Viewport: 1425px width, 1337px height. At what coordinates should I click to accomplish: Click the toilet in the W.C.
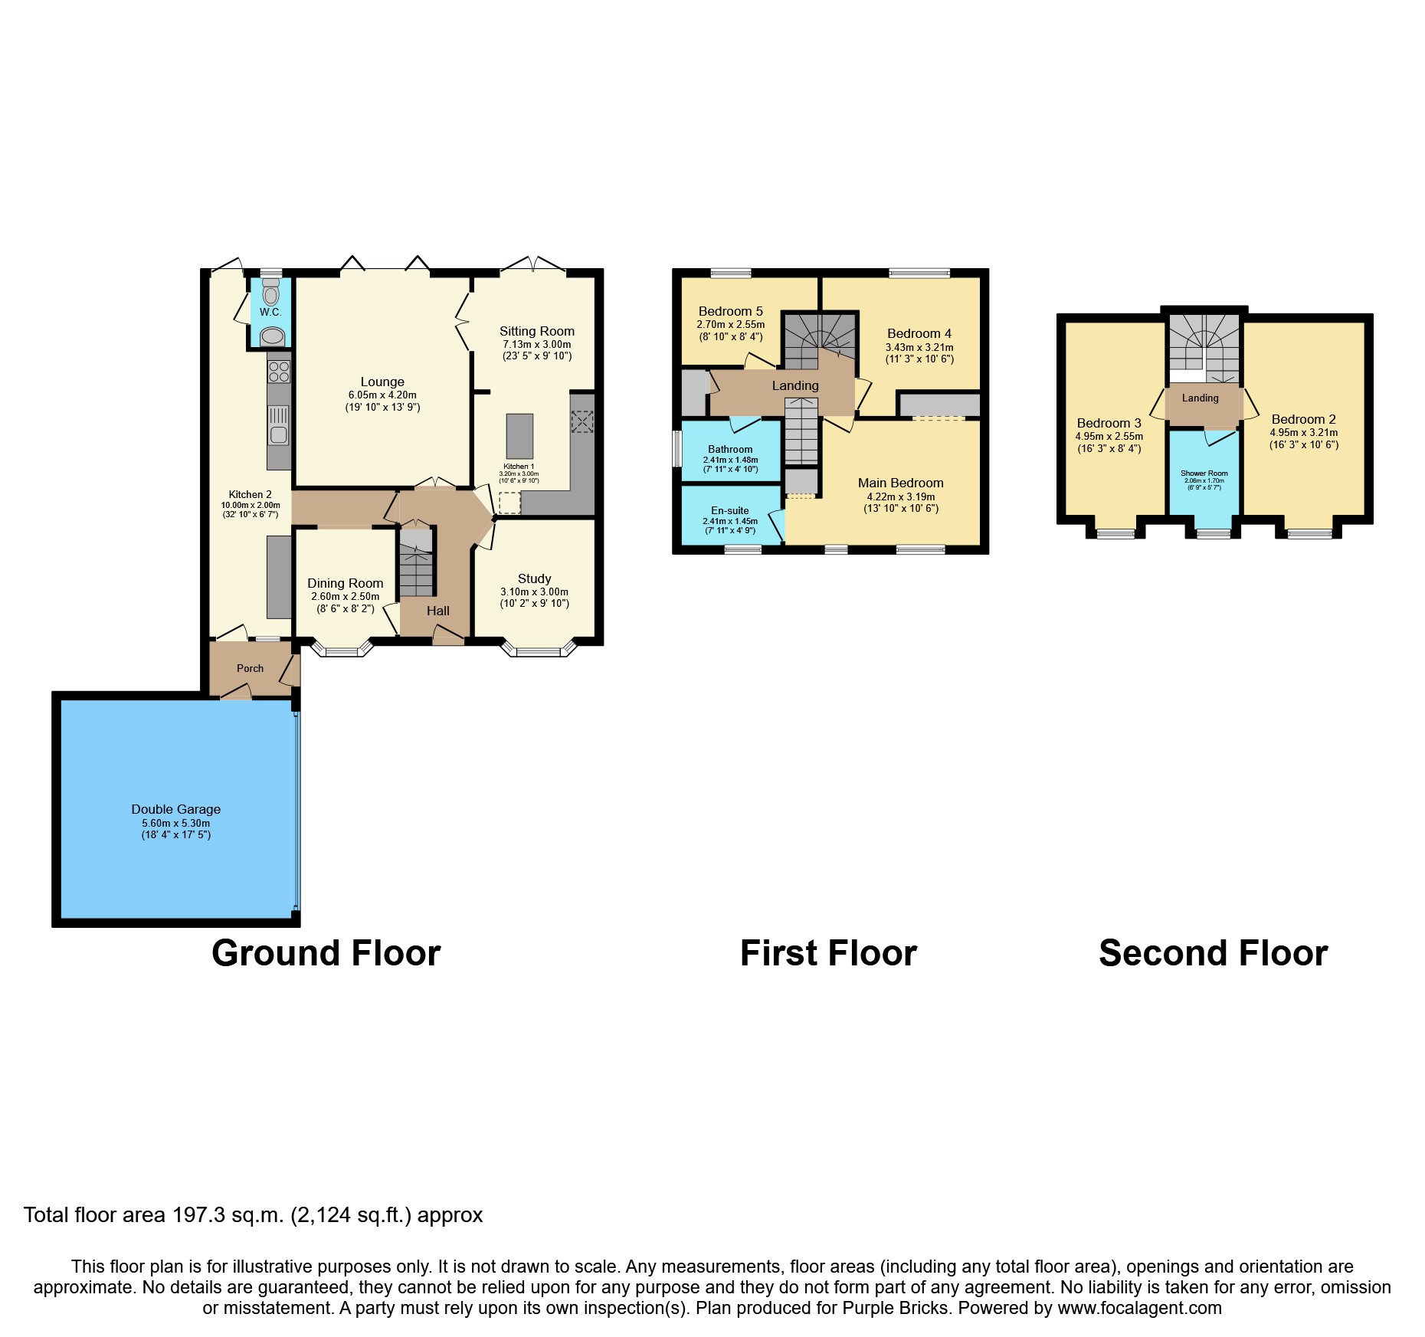270,293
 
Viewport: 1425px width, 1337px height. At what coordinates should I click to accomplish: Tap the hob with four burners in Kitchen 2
279,372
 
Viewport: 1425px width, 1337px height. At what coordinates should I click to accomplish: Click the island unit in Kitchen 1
519,436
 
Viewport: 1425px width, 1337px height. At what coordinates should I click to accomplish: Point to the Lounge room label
382,382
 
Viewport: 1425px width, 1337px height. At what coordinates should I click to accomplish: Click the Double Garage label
175,809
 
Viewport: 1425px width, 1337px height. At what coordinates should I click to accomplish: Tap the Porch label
250,668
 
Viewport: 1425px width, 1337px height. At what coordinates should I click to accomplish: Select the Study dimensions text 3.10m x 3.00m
534,591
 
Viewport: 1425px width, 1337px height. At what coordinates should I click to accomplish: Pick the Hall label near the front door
438,611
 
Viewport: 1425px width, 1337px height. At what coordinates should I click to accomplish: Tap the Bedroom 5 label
730,311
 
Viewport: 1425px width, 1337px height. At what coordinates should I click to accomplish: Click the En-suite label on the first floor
729,510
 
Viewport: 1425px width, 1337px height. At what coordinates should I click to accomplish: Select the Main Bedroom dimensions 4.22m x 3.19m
900,496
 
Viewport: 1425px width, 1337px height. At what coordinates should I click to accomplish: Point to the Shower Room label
1204,474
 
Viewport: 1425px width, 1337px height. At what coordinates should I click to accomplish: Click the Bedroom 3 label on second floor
1109,423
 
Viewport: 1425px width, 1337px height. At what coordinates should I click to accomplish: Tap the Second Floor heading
1213,953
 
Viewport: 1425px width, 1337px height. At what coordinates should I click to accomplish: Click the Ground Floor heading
326,953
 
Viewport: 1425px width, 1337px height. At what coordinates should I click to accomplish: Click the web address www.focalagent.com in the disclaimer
1139,1308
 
